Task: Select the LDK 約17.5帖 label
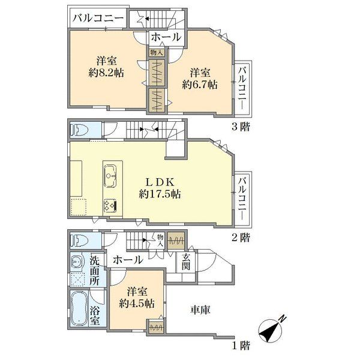click(160, 188)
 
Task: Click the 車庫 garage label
click(200, 310)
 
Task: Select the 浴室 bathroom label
click(95, 317)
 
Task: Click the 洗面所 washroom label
click(95, 271)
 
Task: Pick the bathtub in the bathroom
click(79, 309)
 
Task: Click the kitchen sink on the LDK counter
click(110, 176)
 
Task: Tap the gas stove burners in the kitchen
click(110, 205)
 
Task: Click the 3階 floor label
click(241, 127)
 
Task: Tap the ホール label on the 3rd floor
click(166, 37)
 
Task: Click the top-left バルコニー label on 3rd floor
click(98, 19)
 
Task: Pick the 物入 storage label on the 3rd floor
click(157, 53)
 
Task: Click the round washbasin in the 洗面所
click(76, 262)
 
